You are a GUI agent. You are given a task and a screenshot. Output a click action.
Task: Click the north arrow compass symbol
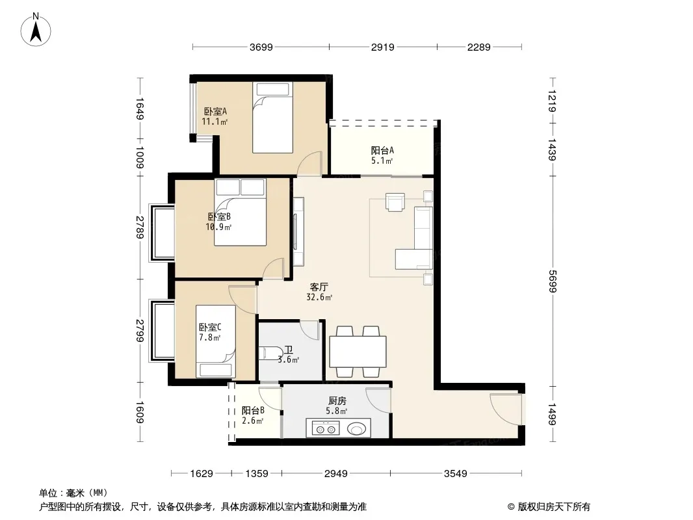point(36,30)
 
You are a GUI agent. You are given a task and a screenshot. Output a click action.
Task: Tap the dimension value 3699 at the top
point(261,47)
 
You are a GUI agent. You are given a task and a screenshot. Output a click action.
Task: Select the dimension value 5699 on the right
point(553,281)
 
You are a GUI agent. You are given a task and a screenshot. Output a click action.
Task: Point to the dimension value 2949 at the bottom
point(336,474)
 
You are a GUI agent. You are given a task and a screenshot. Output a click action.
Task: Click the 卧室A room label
point(215,112)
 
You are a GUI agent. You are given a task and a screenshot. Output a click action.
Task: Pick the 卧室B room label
point(219,217)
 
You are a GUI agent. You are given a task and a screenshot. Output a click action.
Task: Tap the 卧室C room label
point(210,328)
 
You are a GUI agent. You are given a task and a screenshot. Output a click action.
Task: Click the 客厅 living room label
point(319,287)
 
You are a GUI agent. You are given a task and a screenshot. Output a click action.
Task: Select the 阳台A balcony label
point(382,151)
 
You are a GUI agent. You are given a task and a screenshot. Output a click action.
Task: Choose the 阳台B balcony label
point(253,410)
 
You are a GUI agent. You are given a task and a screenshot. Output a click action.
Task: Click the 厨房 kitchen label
point(337,400)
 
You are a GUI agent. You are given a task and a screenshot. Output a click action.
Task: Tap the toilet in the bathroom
point(270,353)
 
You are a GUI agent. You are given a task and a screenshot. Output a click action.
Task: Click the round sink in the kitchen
point(356,428)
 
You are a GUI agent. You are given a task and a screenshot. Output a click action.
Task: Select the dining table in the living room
point(358,352)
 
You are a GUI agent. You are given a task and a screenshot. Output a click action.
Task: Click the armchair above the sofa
point(395,202)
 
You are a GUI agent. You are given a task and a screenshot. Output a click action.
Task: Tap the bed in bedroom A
point(272,118)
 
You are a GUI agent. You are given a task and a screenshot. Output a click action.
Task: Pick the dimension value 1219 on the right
point(553,101)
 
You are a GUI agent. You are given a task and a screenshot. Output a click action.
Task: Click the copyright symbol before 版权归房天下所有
point(511,507)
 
